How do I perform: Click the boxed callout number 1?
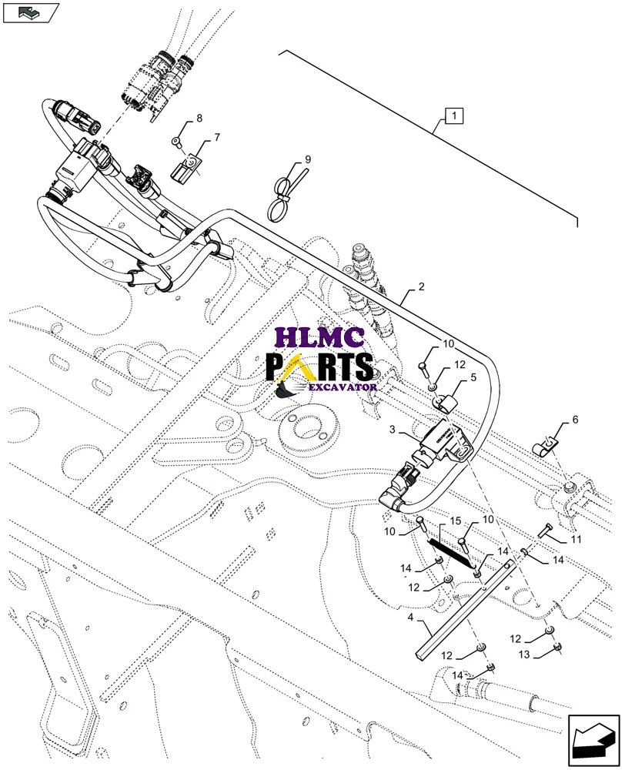pyautogui.click(x=454, y=118)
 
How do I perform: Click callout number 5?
pyautogui.click(x=473, y=378)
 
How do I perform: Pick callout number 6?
pyautogui.click(x=574, y=420)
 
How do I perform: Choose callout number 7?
pyautogui.click(x=216, y=137)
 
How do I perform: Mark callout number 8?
pyautogui.click(x=199, y=118)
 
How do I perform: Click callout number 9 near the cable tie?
pyautogui.click(x=307, y=159)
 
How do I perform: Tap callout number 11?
pyautogui.click(x=575, y=539)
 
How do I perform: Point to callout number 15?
pyautogui.click(x=455, y=521)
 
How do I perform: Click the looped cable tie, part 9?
pyautogui.click(x=283, y=196)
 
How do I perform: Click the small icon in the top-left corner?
pyautogui.click(x=29, y=12)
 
